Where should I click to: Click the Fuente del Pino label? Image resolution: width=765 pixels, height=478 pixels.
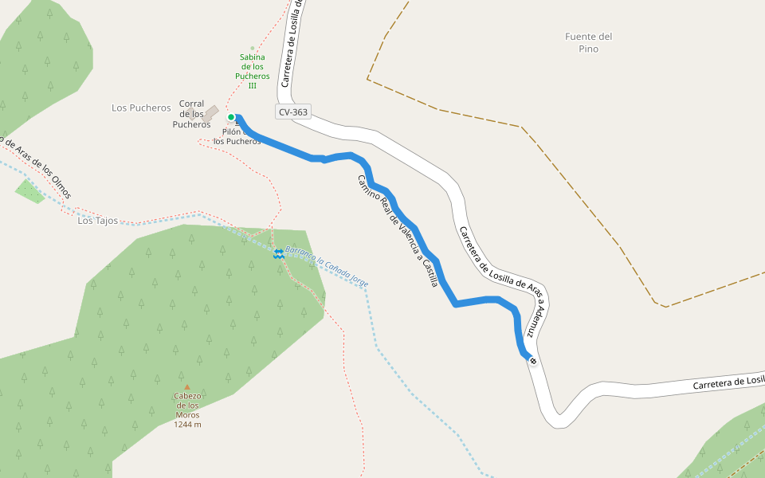pyautogui.click(x=588, y=42)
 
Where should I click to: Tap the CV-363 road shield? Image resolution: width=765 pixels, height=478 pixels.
pyautogui.click(x=293, y=112)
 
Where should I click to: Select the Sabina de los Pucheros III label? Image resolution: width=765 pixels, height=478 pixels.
pyautogui.click(x=252, y=71)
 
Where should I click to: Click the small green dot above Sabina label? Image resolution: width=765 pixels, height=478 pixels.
pyautogui.click(x=253, y=48)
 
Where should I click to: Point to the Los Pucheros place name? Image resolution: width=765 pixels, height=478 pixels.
pyautogui.click(x=141, y=108)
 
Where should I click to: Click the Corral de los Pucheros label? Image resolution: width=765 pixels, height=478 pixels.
pyautogui.click(x=191, y=114)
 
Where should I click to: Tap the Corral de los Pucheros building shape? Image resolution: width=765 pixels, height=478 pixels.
pyautogui.click(x=210, y=114)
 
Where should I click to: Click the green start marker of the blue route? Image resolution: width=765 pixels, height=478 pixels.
pyautogui.click(x=231, y=117)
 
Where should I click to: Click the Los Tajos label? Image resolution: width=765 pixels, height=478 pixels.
pyautogui.click(x=97, y=221)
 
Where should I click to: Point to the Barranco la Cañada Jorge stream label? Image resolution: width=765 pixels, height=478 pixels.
pyautogui.click(x=327, y=267)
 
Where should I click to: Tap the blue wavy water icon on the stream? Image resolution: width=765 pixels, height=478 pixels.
pyautogui.click(x=279, y=253)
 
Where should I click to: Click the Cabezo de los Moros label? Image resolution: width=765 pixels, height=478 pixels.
pyautogui.click(x=187, y=406)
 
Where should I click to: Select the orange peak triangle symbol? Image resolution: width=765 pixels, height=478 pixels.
pyautogui.click(x=187, y=388)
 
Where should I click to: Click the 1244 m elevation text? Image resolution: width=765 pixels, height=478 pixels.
pyautogui.click(x=187, y=425)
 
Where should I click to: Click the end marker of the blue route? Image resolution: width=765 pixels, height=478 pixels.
pyautogui.click(x=533, y=362)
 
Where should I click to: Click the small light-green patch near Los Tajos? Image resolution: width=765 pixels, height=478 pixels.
pyautogui.click(x=30, y=191)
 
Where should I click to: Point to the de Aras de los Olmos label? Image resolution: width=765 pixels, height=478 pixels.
pyautogui.click(x=38, y=168)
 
